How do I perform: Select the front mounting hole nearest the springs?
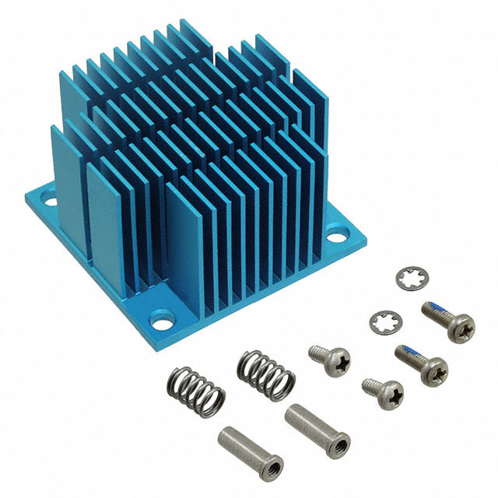pos(164,317)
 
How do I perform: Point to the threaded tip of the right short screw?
pos(366,383)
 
